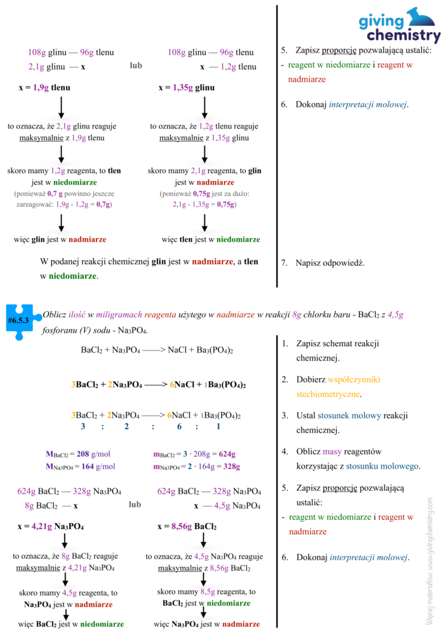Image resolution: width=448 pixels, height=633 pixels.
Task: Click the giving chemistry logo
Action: [x=400, y=27]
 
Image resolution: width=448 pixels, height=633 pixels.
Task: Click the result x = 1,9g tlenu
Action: [x=45, y=88]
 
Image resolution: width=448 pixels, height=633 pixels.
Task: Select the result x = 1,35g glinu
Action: [x=186, y=88]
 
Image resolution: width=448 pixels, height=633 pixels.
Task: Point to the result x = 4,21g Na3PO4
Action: [x=50, y=527]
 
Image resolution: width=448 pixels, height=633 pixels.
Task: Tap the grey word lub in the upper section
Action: [x=136, y=65]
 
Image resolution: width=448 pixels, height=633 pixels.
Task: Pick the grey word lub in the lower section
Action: [x=135, y=504]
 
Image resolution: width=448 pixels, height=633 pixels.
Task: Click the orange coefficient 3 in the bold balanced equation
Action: [x=74, y=384]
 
